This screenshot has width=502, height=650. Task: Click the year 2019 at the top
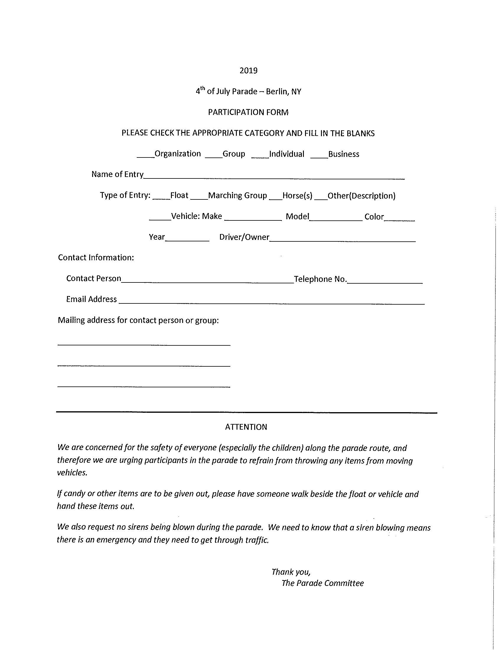(248, 71)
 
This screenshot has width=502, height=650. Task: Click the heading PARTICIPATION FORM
(248, 112)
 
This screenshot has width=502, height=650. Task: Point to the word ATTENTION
(246, 427)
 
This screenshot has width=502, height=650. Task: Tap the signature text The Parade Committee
(322, 583)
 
